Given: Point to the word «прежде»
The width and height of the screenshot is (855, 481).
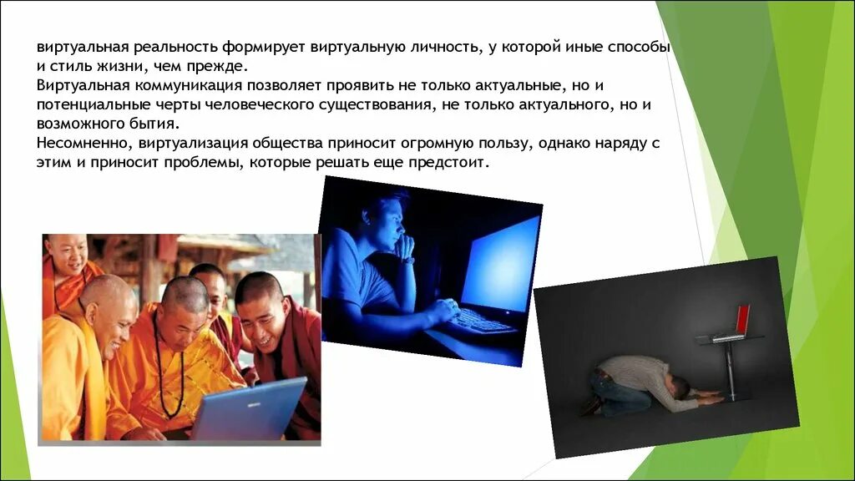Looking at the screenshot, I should (220, 67).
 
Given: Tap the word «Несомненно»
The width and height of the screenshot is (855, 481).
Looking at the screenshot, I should (83, 144).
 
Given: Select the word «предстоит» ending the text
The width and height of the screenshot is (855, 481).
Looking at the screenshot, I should (452, 163).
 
